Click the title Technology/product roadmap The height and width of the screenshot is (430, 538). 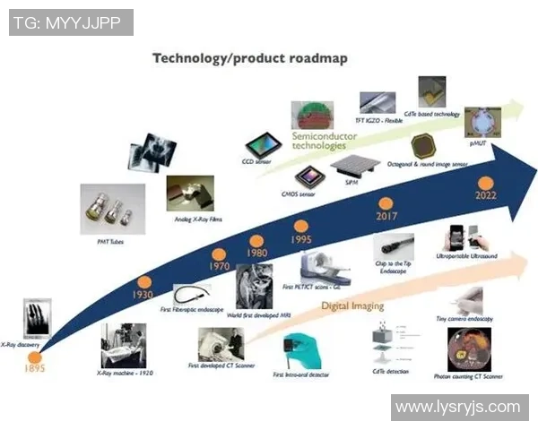[249, 58]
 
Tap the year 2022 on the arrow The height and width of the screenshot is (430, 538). [486, 196]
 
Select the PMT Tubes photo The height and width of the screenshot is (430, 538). [111, 209]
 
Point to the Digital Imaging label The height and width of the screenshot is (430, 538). [352, 305]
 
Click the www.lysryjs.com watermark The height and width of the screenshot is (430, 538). [457, 408]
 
